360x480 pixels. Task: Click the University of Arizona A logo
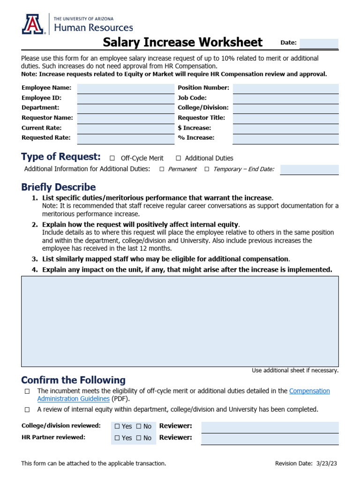pos(34,24)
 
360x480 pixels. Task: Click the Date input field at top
pos(319,43)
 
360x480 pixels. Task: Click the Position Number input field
pos(285,88)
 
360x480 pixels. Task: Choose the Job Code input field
pos(285,98)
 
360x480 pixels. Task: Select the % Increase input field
pos(285,138)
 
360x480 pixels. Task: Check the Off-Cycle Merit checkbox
pos(112,158)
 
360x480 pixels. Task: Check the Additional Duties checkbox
pos(179,158)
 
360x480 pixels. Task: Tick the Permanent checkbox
pos(162,169)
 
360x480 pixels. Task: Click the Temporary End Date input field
pos(309,169)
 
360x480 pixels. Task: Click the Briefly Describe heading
pos(58,187)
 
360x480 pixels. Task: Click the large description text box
pos(180,321)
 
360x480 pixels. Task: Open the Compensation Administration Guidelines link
pos(309,391)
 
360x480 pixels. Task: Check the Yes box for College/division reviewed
pos(117,427)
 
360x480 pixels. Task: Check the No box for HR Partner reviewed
pos(139,438)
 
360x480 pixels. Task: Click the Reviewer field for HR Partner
pos(270,438)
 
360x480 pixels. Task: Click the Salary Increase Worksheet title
pos(182,43)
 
